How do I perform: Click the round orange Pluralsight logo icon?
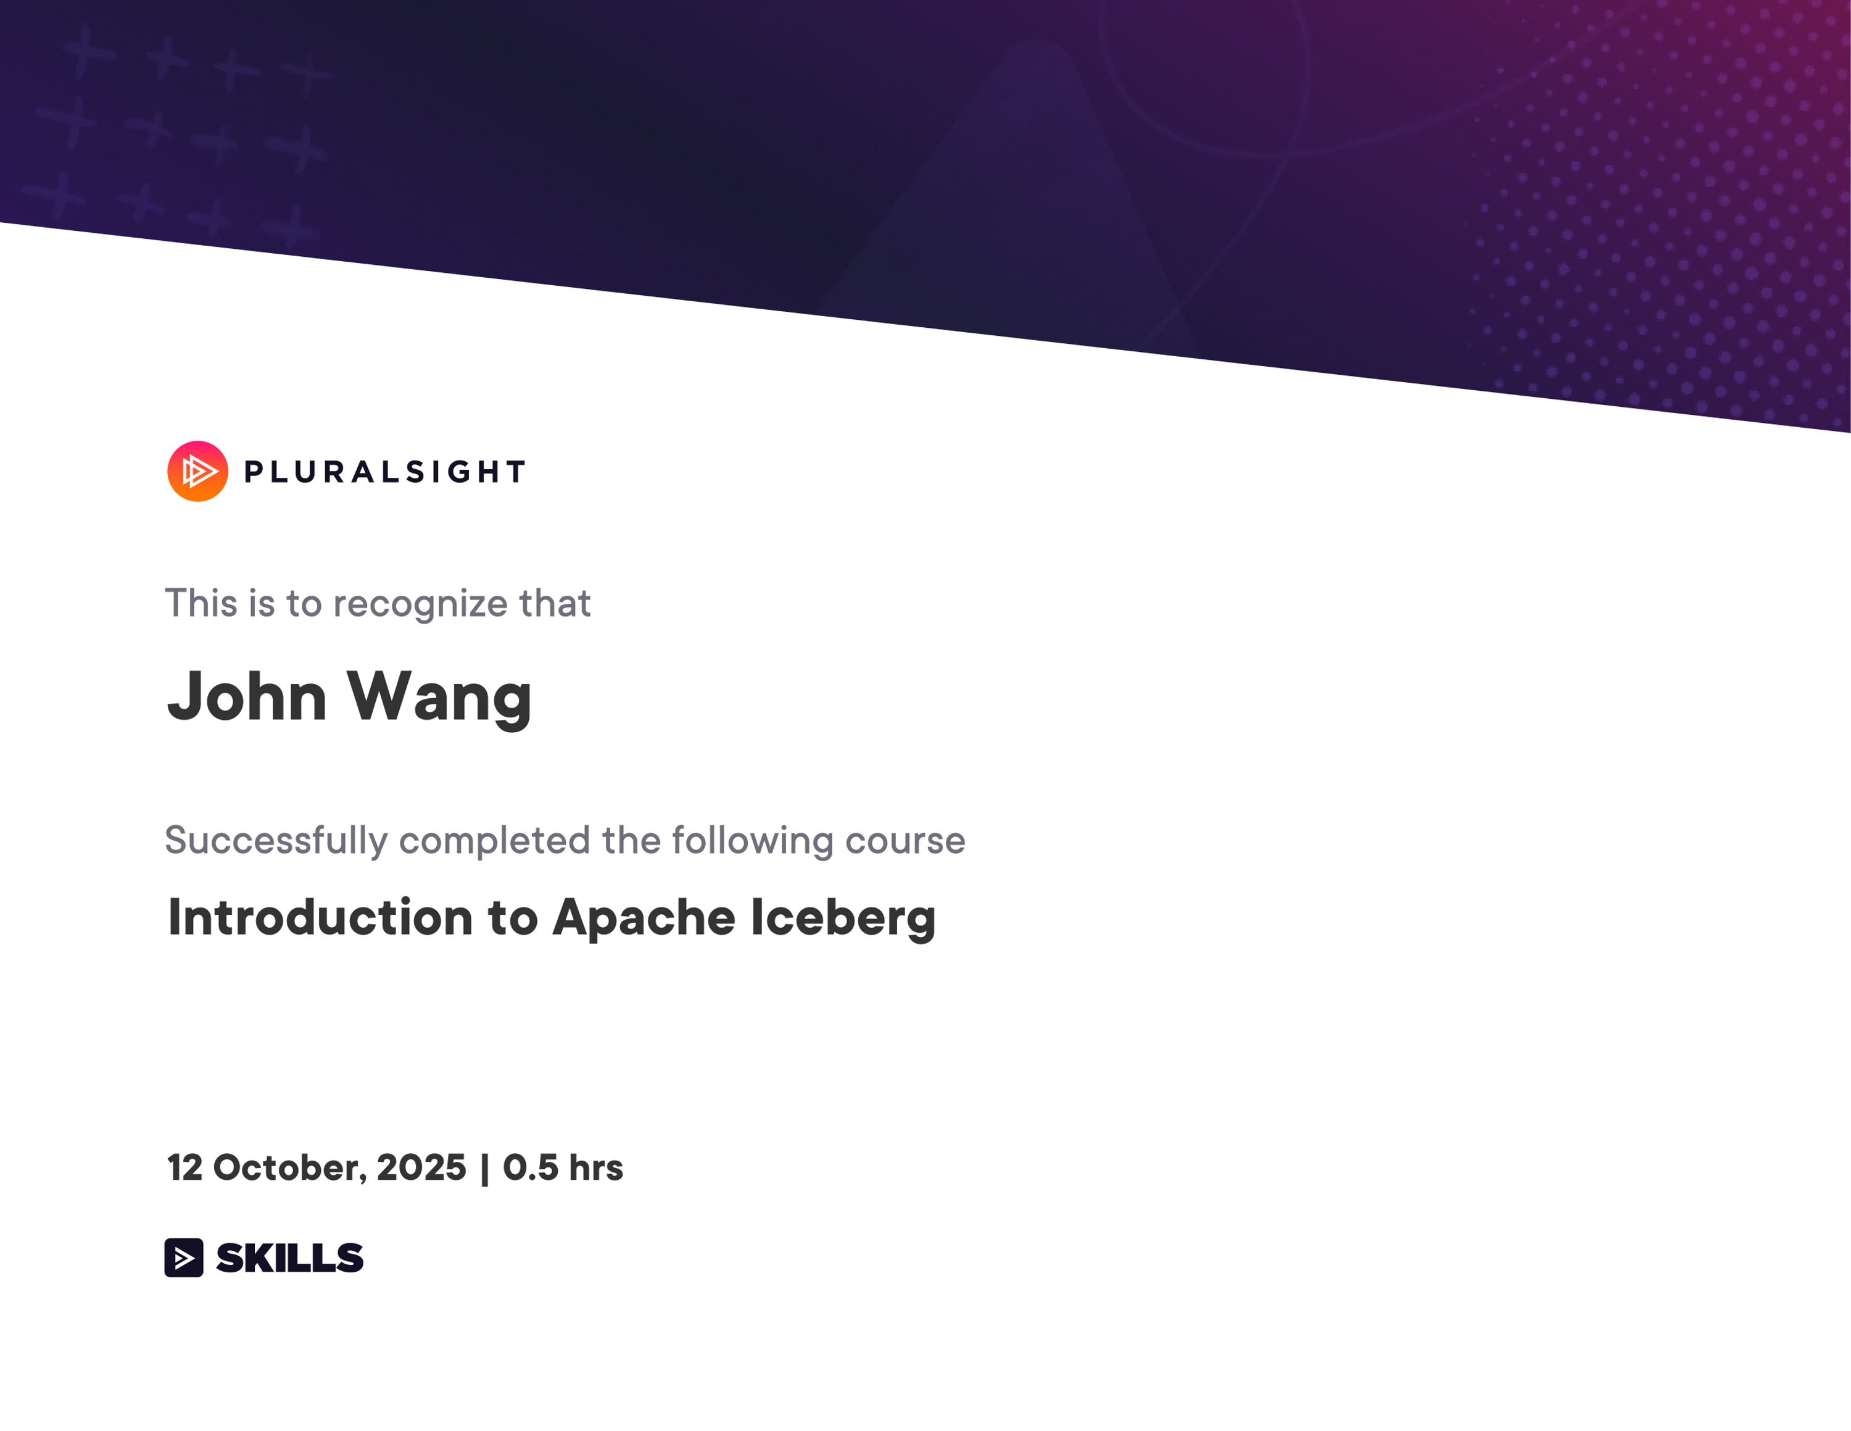click(x=197, y=472)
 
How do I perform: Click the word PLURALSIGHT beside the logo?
click(x=385, y=472)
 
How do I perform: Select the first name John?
click(x=247, y=696)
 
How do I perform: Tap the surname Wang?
click(x=439, y=698)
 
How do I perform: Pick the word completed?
click(x=494, y=841)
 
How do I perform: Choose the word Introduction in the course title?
click(x=320, y=917)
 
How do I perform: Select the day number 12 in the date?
click(x=184, y=1168)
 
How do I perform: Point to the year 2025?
click(x=421, y=1168)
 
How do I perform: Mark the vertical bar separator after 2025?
click(x=485, y=1170)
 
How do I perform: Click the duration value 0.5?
click(x=531, y=1168)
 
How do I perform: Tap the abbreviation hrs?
click(x=596, y=1168)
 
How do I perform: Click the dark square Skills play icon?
click(x=184, y=1257)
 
